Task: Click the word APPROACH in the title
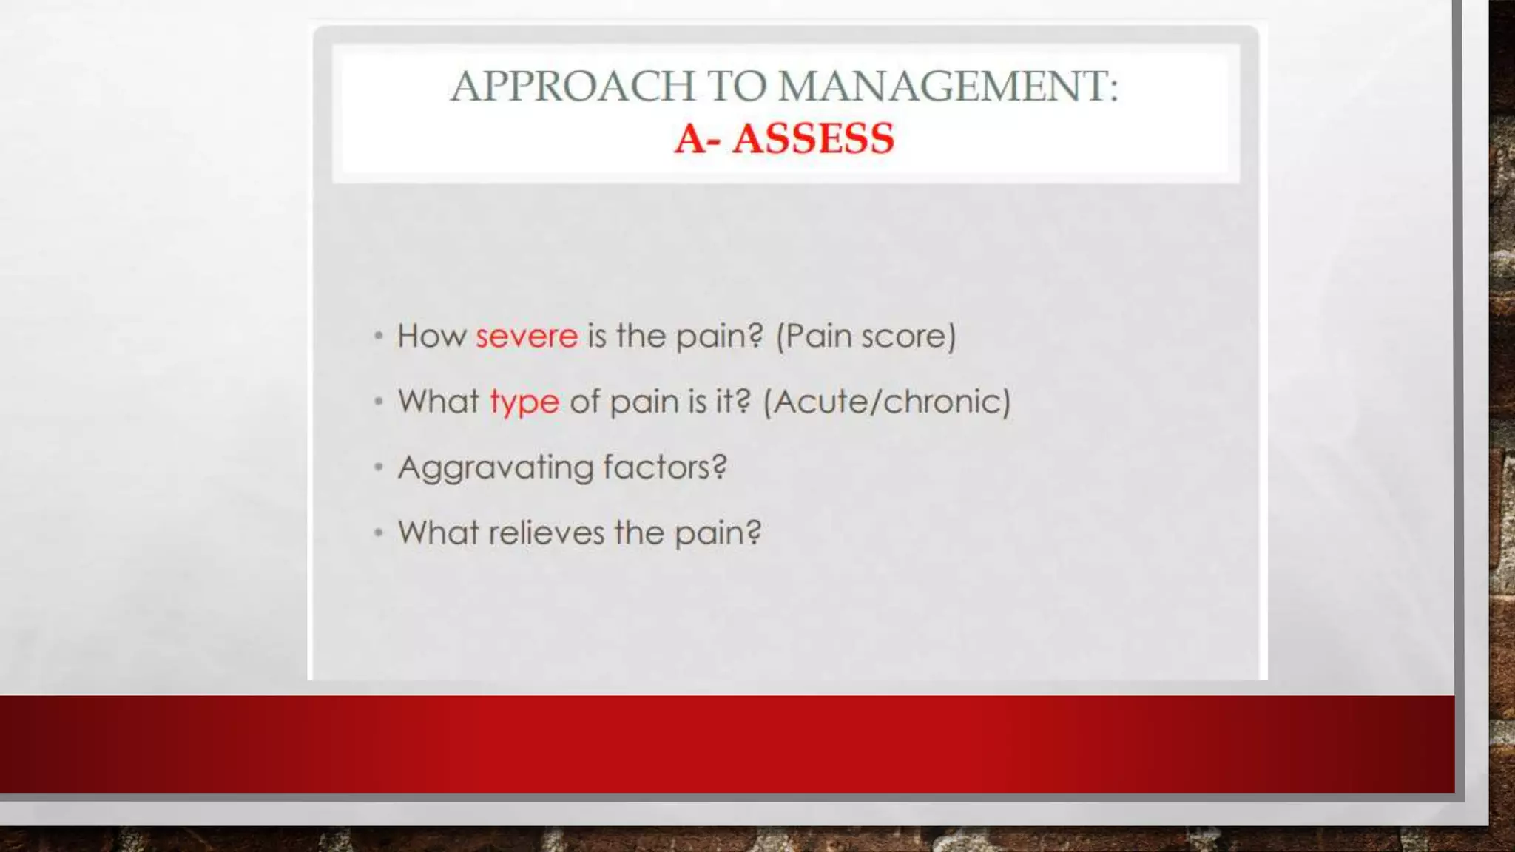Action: click(573, 86)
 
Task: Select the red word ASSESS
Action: click(813, 138)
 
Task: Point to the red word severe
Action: click(526, 337)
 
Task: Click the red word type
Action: click(524, 403)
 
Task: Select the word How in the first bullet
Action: click(431, 337)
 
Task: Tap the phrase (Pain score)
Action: click(866, 337)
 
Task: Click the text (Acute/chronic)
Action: click(886, 402)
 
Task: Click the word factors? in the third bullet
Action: click(664, 467)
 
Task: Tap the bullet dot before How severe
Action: click(379, 337)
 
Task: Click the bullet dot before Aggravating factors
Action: click(379, 467)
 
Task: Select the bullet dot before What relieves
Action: click(379, 532)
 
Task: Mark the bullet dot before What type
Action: click(379, 402)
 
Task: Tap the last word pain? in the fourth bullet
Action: click(718, 533)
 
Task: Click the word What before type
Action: click(438, 402)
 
